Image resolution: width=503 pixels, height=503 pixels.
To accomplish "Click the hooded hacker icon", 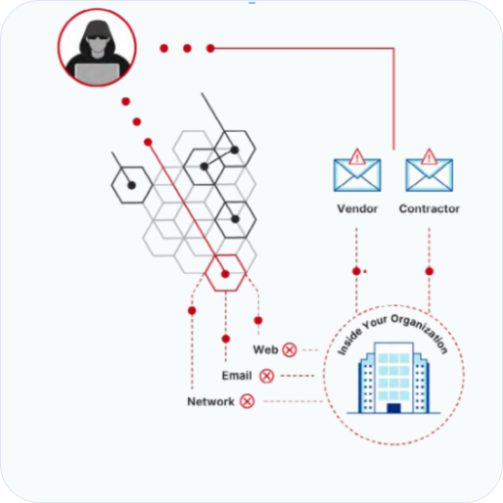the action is point(97,48).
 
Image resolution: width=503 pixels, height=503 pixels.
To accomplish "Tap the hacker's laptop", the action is point(97,73).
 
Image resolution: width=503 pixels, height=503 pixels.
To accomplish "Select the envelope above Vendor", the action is point(357,175).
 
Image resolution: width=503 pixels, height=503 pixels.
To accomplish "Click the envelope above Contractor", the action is point(430,175).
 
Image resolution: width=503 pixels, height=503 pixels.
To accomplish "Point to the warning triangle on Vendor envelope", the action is point(357,157).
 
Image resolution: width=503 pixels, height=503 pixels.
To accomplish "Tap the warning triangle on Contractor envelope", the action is point(430,157).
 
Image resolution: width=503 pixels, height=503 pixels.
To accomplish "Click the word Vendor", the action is point(357,208).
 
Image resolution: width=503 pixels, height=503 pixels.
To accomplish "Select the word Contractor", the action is point(430,208).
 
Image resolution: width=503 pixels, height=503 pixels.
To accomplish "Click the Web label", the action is point(265,349).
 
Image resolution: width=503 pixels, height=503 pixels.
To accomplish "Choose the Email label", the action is point(237,376).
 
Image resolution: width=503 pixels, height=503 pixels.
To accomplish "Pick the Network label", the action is point(210,401).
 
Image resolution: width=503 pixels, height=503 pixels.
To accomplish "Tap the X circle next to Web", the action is point(290,350).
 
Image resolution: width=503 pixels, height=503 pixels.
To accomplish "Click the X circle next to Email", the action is point(267,376).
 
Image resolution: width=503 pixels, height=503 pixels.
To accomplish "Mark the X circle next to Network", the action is point(248,401).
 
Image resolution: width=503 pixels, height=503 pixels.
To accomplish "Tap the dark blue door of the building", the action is point(393,408).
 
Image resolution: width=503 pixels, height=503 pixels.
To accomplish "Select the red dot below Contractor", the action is point(430,271).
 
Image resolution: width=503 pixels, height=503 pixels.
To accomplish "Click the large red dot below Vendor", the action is point(356,271).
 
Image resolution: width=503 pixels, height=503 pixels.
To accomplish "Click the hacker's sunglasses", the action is point(97,37).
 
